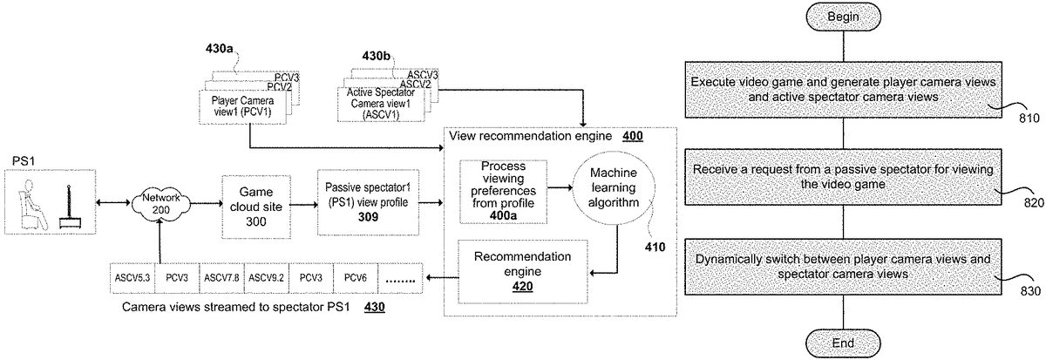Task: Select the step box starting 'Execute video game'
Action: (843, 89)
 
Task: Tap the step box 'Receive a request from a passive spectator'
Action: (843, 176)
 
